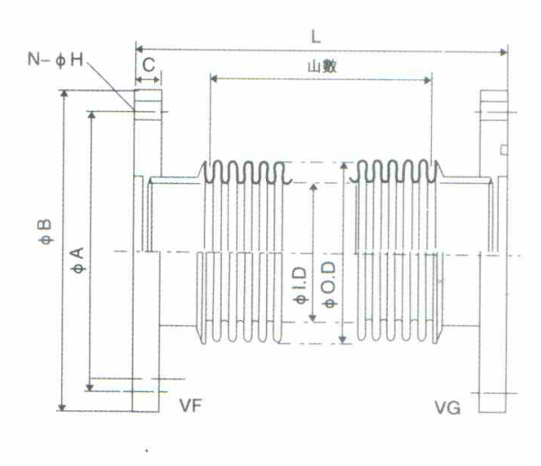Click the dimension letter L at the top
click(x=316, y=37)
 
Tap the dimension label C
click(x=149, y=65)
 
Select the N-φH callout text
click(x=56, y=59)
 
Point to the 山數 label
click(x=322, y=67)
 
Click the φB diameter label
click(x=46, y=232)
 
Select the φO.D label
click(x=329, y=285)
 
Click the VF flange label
click(x=190, y=406)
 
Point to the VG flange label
click(x=447, y=408)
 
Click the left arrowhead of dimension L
click(x=139, y=50)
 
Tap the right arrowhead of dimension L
click(x=504, y=52)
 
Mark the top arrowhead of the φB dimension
click(x=64, y=94)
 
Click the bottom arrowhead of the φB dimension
click(x=61, y=407)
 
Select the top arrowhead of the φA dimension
click(x=91, y=114)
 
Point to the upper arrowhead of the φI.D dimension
click(x=314, y=187)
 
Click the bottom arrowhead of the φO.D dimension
click(x=343, y=340)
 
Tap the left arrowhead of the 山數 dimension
click(x=214, y=79)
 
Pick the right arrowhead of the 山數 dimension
click(x=427, y=81)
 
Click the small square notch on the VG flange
click(x=504, y=150)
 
